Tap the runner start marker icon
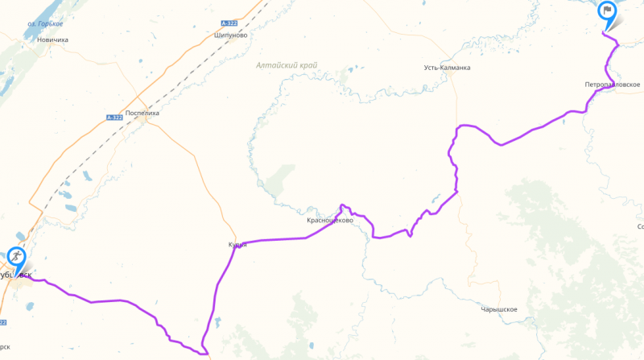tap(16, 258)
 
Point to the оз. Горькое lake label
tap(45, 24)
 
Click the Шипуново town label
tap(231, 35)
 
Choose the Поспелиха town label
tap(142, 114)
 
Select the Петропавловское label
tap(613, 85)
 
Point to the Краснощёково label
tap(330, 220)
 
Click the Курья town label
tap(237, 245)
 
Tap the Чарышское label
tap(498, 309)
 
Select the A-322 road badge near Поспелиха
tap(114, 118)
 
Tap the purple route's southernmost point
tap(204, 352)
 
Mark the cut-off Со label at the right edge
tap(639, 227)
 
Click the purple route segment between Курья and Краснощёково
tap(274, 239)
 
